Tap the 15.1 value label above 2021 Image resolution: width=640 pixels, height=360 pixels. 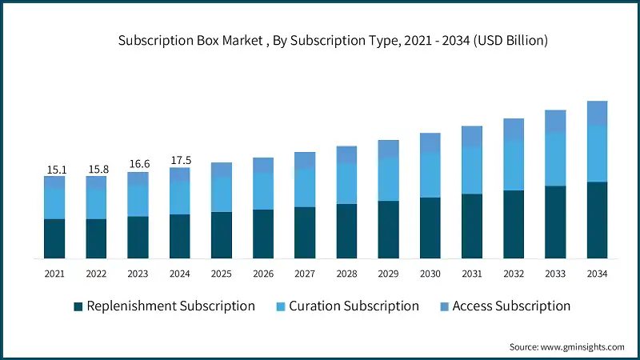(x=54, y=169)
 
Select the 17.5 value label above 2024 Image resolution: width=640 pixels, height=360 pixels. (x=180, y=160)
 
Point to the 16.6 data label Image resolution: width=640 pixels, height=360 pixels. (x=138, y=165)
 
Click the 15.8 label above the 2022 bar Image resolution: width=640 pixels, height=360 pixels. (x=96, y=169)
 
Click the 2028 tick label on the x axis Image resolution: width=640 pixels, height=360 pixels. (x=346, y=274)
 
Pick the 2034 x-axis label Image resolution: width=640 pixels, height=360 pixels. (x=597, y=274)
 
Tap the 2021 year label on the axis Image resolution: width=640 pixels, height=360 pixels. (x=54, y=274)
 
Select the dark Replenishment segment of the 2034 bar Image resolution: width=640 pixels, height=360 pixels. (x=597, y=220)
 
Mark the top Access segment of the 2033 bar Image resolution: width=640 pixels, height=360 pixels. (x=555, y=121)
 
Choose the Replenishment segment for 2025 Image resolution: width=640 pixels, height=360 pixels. (x=222, y=235)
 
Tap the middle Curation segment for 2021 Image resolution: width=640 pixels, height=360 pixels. (x=54, y=203)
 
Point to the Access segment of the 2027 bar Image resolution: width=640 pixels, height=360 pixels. (x=305, y=160)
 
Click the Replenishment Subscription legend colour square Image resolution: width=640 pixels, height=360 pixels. (x=78, y=306)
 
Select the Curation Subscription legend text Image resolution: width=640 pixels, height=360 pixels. (x=354, y=306)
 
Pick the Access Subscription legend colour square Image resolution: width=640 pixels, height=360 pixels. (x=443, y=306)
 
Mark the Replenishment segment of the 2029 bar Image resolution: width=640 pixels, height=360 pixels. (x=389, y=230)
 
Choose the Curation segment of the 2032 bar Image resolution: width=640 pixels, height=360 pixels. (x=514, y=165)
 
